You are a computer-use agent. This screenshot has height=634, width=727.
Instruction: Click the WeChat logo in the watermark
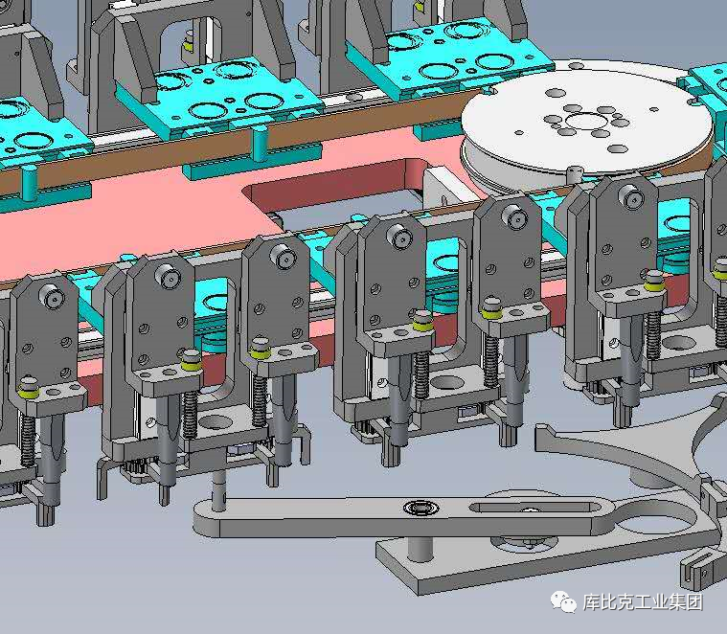click(x=563, y=602)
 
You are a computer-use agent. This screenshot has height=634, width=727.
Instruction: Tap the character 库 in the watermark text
click(x=592, y=602)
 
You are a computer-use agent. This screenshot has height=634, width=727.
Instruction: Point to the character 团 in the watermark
click(x=694, y=602)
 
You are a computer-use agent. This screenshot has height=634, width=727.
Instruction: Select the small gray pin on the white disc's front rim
click(x=575, y=174)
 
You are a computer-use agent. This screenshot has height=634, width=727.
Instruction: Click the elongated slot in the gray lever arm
click(x=534, y=506)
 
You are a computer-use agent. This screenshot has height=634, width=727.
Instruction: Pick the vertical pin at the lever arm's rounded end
click(x=218, y=489)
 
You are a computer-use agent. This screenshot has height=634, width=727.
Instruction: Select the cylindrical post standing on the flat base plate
click(x=420, y=548)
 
